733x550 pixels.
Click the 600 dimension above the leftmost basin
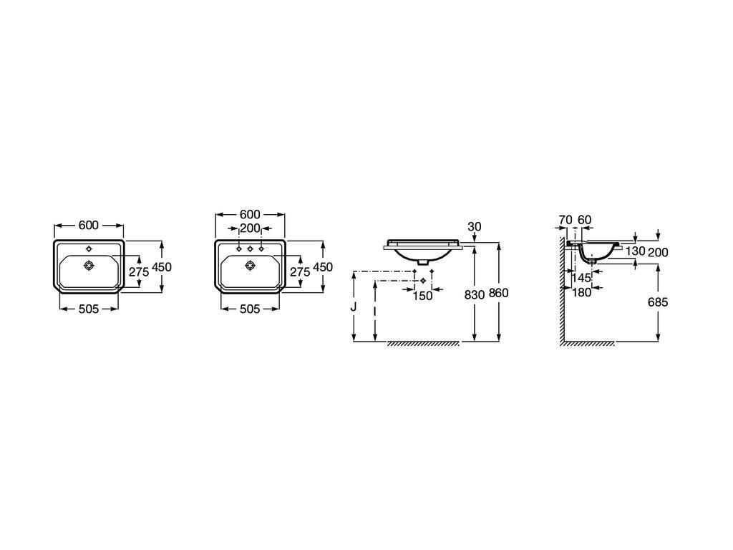(x=88, y=225)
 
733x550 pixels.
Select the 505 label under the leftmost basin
(x=88, y=309)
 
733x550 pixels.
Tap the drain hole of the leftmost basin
(x=89, y=266)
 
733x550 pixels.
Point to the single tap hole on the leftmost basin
(x=89, y=249)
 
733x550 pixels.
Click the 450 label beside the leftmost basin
(x=162, y=266)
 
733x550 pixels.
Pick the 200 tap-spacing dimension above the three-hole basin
(x=250, y=228)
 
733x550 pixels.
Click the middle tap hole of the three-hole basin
(x=250, y=249)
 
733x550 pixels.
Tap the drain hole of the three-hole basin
(x=250, y=266)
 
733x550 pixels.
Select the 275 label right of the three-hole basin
(x=299, y=272)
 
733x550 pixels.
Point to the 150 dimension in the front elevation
(x=423, y=295)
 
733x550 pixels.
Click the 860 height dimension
(x=499, y=293)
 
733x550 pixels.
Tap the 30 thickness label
(x=474, y=226)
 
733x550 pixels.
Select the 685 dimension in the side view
(x=657, y=302)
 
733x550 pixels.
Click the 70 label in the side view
(x=564, y=219)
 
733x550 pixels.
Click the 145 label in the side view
(x=581, y=278)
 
